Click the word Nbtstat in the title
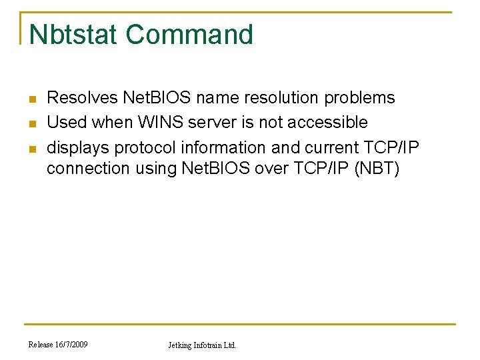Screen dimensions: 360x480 coord(74,35)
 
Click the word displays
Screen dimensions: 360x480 coord(76,147)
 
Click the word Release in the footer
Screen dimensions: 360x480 coord(39,344)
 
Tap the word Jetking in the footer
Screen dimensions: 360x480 coord(179,345)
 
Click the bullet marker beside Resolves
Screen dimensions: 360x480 coord(31,99)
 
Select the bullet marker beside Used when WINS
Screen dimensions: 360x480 coord(31,123)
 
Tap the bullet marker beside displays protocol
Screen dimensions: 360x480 coord(31,147)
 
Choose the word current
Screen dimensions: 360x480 coord(330,147)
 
